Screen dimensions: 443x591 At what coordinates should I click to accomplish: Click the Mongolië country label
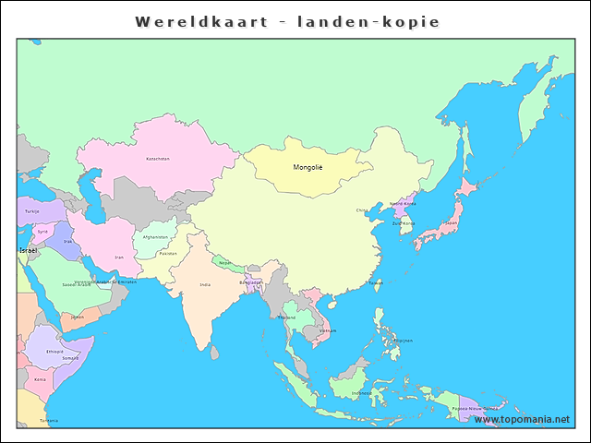pyautogui.click(x=308, y=167)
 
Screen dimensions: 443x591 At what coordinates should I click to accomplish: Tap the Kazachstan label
pyautogui.click(x=158, y=159)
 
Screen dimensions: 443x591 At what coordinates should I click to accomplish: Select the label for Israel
pyautogui.click(x=28, y=250)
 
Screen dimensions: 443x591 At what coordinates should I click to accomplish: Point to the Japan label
pyautogui.click(x=451, y=222)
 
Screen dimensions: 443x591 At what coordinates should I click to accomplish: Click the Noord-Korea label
pyautogui.click(x=403, y=204)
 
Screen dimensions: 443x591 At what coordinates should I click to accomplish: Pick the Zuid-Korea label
pyautogui.click(x=404, y=223)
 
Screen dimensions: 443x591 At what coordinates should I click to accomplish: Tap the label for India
pyautogui.click(x=205, y=284)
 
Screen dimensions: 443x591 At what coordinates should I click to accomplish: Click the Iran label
pyautogui.click(x=118, y=257)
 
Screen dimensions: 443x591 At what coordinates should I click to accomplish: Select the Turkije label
pyautogui.click(x=32, y=211)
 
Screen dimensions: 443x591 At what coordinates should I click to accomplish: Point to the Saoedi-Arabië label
pyautogui.click(x=76, y=285)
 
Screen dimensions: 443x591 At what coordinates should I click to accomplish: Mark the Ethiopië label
pyautogui.click(x=54, y=351)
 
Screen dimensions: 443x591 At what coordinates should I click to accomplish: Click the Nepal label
pyautogui.click(x=224, y=262)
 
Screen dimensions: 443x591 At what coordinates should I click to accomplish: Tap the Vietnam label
pyautogui.click(x=327, y=330)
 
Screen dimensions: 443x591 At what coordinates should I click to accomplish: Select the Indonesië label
pyautogui.click(x=362, y=393)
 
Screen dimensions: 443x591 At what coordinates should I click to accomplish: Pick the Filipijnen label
pyautogui.click(x=403, y=341)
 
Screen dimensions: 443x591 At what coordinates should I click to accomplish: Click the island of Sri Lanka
pyautogui.click(x=214, y=352)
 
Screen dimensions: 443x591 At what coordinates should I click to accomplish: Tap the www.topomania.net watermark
pyautogui.click(x=522, y=420)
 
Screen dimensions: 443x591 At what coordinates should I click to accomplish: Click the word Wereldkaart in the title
pyautogui.click(x=190, y=20)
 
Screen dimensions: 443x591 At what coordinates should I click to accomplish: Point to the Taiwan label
pyautogui.click(x=376, y=282)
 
